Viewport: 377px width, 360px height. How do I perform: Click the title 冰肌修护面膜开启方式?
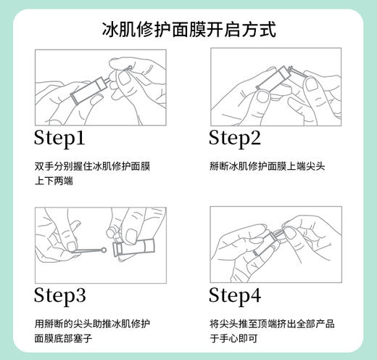(x=188, y=30)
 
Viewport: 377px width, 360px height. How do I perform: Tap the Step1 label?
(x=60, y=138)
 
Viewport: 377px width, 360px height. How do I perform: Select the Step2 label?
(x=234, y=138)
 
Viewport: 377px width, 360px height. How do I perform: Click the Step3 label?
(x=60, y=295)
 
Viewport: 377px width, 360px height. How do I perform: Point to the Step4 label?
(x=234, y=295)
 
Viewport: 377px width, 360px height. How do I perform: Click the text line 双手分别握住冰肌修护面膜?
(x=92, y=165)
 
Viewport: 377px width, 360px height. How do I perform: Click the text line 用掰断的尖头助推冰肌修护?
(x=92, y=323)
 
